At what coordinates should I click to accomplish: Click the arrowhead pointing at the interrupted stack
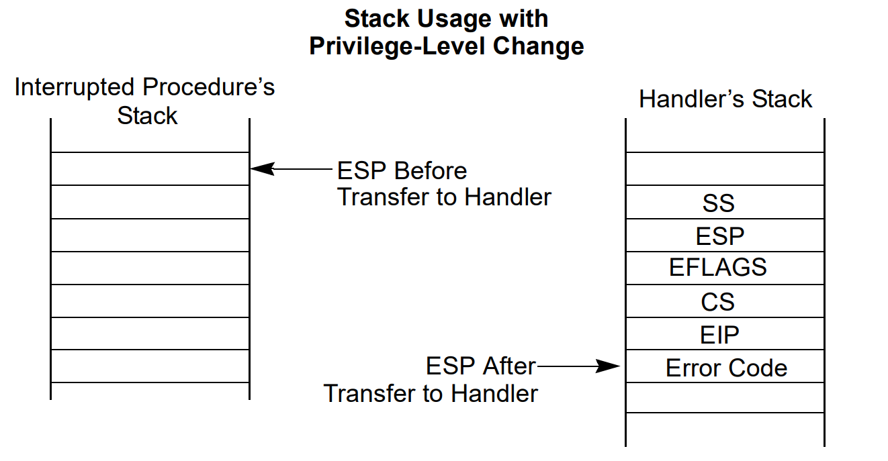point(263,168)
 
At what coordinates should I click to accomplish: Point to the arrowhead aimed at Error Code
point(608,366)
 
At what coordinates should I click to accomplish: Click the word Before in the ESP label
point(431,170)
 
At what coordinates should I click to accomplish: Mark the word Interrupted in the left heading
point(75,87)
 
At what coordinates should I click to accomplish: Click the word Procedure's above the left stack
point(208,87)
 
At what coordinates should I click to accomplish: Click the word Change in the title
point(538,46)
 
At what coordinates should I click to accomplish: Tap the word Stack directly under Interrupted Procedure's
point(147,115)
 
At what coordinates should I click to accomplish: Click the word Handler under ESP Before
point(508,197)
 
